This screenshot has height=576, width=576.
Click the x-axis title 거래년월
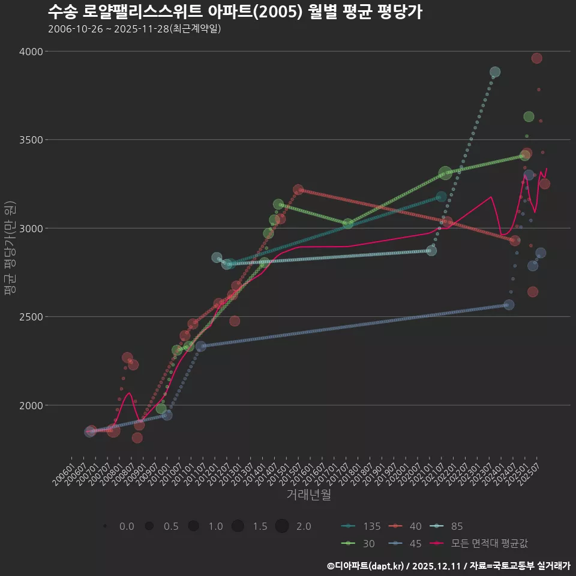[308, 495]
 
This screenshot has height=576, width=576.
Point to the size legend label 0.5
[171, 526]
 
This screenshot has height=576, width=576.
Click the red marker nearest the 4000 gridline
[536, 58]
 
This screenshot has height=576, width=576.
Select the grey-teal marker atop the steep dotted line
[495, 73]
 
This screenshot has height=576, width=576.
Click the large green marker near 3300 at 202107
[445, 173]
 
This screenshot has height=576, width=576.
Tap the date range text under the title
[134, 28]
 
